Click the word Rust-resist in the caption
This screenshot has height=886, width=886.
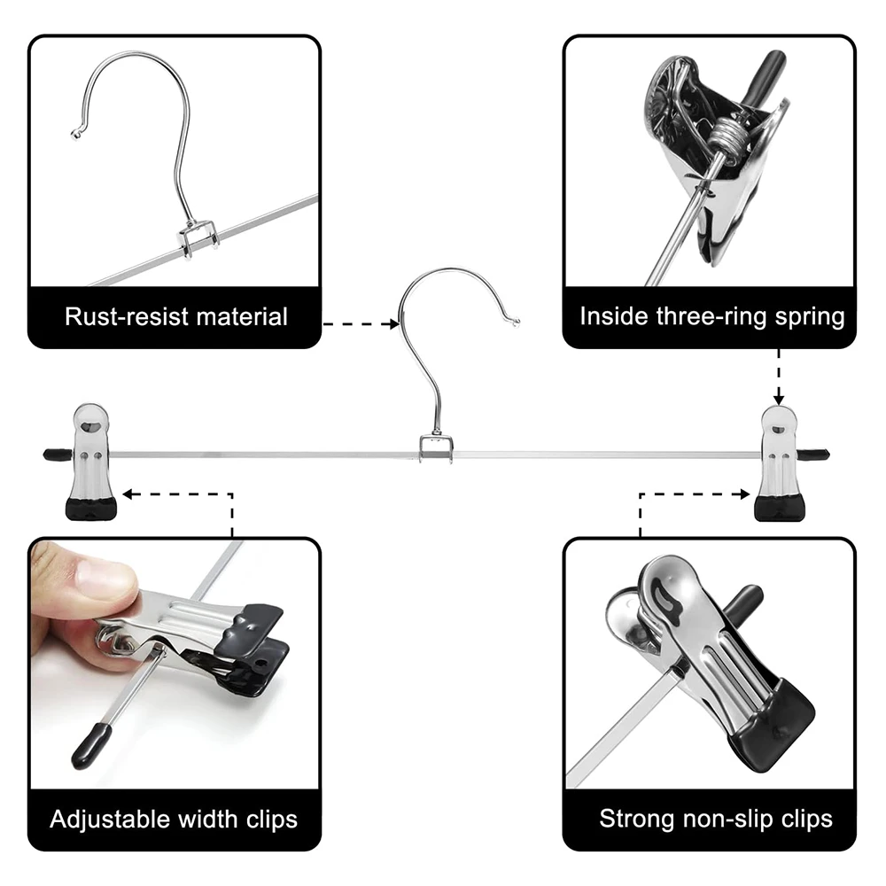pos(126,316)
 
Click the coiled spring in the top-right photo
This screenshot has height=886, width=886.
pos(727,136)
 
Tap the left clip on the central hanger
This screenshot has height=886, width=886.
pos(91,461)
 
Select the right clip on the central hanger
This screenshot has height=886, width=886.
pos(779,463)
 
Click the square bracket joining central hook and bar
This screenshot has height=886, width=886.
pos(436,448)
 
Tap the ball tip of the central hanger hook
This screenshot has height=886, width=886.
pos(516,323)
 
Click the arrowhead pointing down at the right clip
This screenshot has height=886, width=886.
pos(779,400)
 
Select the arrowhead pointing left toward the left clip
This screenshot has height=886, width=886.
pos(128,494)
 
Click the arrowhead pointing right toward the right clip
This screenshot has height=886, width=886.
pos(745,494)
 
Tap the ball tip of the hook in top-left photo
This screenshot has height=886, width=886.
pos(75,135)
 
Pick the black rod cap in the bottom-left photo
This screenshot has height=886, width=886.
pos(90,746)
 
